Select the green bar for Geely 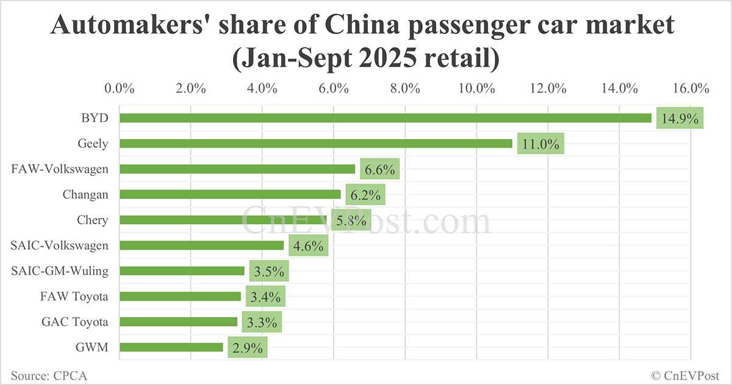pyautogui.click(x=316, y=143)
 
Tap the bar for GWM pyautogui.click(x=171, y=347)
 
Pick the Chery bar pyautogui.click(x=223, y=220)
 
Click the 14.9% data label pyautogui.click(x=680, y=118)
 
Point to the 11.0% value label pyautogui.click(x=540, y=144)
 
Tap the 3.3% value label pyautogui.click(x=262, y=322)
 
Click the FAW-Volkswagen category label pyautogui.click(x=60, y=169)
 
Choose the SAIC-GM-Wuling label pyautogui.click(x=60, y=271)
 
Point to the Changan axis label pyautogui.click(x=85, y=195)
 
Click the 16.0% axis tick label pyautogui.click(x=691, y=88)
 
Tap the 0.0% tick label pyautogui.click(x=120, y=88)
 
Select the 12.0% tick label pyautogui.click(x=548, y=88)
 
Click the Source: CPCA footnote pyautogui.click(x=49, y=375)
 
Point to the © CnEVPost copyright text pyautogui.click(x=685, y=375)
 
